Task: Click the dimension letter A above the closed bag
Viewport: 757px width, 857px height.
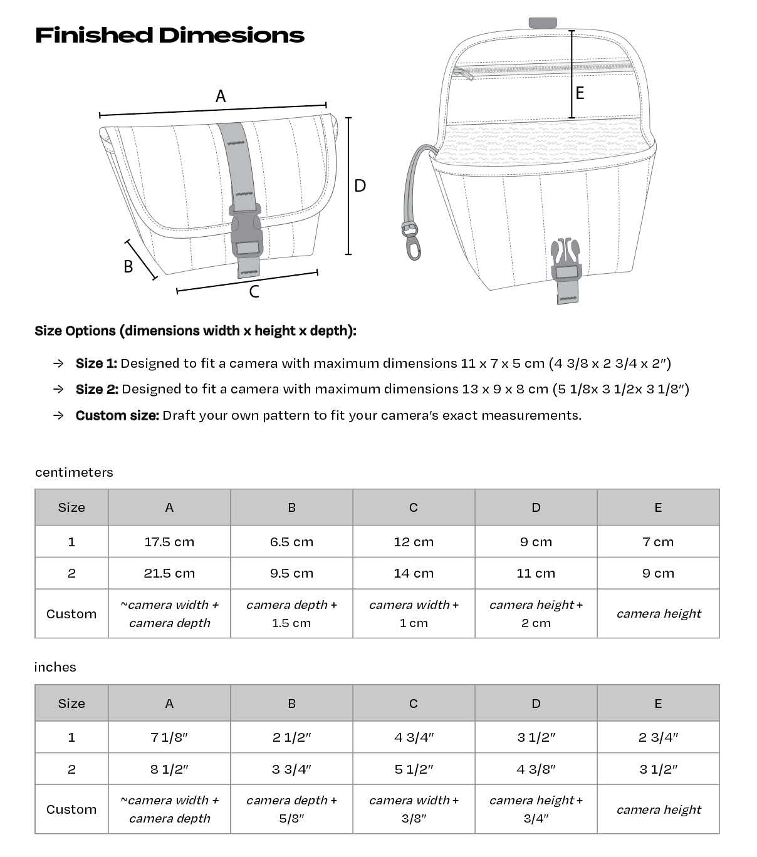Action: point(221,96)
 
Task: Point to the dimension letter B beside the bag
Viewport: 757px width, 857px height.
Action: point(128,266)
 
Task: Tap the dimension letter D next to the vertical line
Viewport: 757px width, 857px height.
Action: point(360,185)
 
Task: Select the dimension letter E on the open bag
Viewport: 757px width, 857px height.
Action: point(580,93)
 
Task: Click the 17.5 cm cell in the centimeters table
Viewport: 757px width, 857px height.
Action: point(169,542)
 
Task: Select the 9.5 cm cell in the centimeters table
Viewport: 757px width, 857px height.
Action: point(291,573)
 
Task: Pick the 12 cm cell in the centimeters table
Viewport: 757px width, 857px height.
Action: point(414,542)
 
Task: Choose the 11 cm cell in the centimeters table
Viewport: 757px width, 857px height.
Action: point(536,573)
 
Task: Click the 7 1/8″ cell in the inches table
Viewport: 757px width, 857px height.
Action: point(169,737)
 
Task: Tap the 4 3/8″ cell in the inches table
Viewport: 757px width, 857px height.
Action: point(536,769)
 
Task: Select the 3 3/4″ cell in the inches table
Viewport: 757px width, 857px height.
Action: point(291,769)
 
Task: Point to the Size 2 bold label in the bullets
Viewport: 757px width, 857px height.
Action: point(97,389)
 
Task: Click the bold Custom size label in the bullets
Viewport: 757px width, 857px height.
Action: point(117,415)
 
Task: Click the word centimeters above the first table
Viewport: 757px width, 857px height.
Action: point(74,472)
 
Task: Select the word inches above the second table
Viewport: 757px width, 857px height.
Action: point(55,667)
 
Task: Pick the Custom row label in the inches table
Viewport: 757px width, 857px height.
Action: point(71,809)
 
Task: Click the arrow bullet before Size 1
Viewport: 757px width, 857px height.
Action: point(58,363)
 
